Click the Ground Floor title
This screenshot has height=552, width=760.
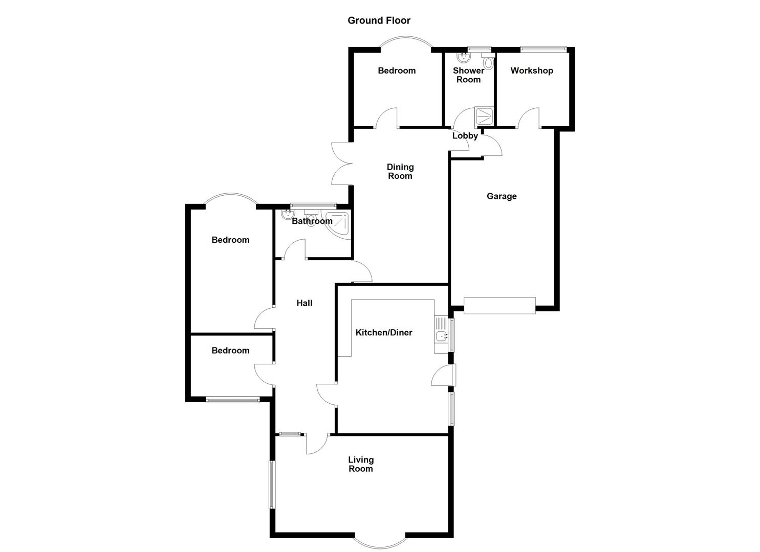tap(379, 20)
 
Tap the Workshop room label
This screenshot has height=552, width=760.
tap(532, 71)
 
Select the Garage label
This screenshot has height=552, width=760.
tap(502, 196)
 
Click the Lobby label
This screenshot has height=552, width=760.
tap(465, 136)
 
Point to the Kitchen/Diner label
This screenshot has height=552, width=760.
tap(384, 333)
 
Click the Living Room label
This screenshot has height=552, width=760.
tap(361, 464)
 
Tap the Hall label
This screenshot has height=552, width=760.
tap(305, 303)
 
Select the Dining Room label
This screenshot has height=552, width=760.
tap(400, 171)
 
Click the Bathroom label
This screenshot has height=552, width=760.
tap(312, 221)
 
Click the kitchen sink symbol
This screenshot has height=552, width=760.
tap(441, 336)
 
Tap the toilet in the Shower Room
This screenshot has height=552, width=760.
tap(489, 63)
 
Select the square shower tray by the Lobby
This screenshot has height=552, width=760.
tap(484, 116)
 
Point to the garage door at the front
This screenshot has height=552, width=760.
tap(500, 305)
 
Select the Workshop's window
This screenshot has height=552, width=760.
tap(543, 50)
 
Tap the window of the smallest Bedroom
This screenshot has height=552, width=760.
tap(233, 400)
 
